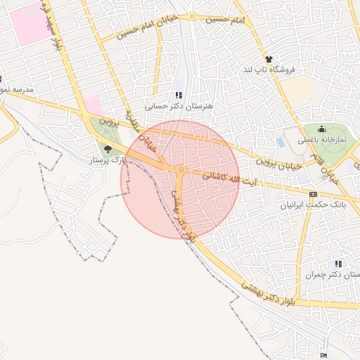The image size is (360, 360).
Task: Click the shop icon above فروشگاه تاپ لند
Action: tap(269, 59)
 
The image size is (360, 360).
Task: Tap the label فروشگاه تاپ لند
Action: tap(271, 70)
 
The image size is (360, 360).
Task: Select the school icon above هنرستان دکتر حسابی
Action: tap(179, 95)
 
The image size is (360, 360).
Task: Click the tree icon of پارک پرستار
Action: tap(108, 149)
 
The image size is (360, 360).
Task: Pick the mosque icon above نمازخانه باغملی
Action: tap(321, 129)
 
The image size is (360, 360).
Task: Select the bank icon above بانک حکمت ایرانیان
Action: tap(313, 195)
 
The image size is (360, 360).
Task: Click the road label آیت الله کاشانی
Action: tap(230, 179)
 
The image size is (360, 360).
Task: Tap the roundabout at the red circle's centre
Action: tap(181, 169)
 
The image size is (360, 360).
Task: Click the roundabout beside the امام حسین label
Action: tap(192, 16)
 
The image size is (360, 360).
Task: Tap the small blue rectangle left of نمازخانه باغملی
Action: tap(281, 142)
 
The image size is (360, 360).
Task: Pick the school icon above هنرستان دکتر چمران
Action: tap(339, 263)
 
